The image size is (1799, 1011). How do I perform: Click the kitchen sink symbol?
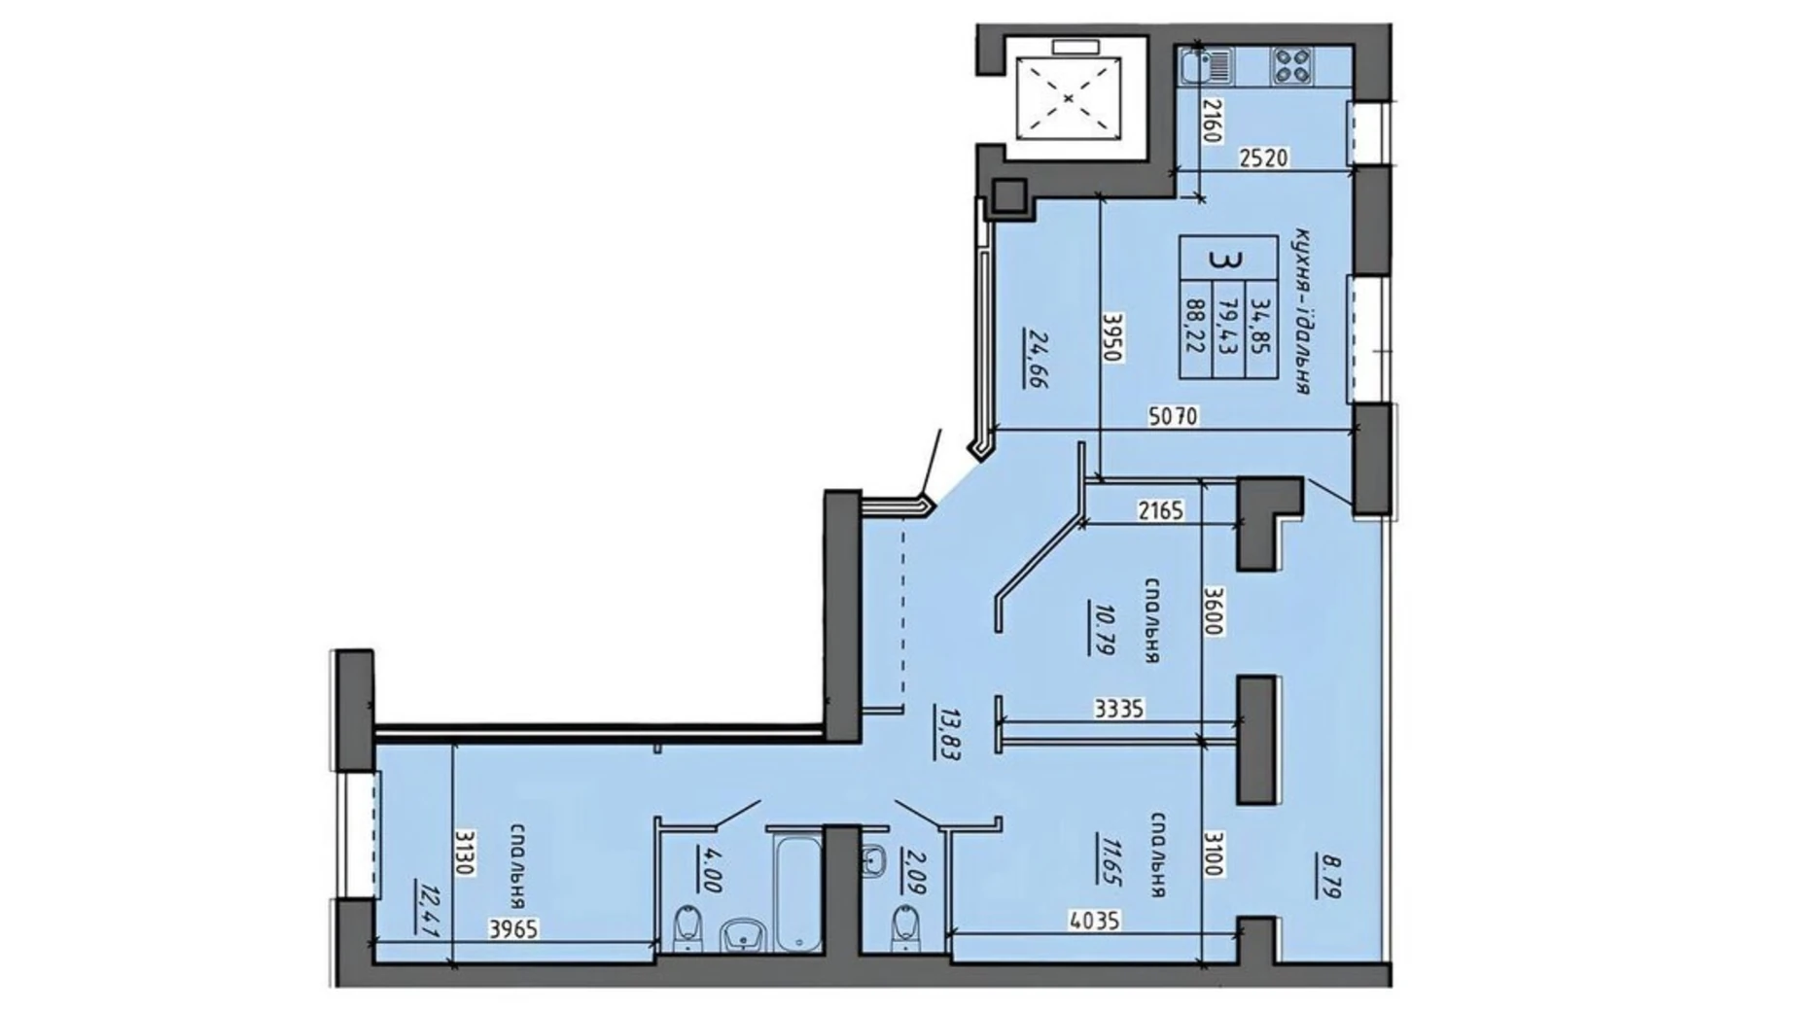[x=1207, y=66]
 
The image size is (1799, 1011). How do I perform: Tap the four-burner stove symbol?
[x=1291, y=66]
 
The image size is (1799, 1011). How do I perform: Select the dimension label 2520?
[x=1263, y=157]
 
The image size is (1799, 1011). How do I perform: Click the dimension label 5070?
[x=1173, y=417]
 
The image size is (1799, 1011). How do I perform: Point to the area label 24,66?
[x=1033, y=360]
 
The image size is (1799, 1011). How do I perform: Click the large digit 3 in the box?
[x=1228, y=260]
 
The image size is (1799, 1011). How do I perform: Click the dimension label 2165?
[x=1160, y=509]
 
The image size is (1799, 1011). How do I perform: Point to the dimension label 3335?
[x=1118, y=710]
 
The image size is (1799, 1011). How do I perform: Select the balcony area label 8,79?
[x=1329, y=875]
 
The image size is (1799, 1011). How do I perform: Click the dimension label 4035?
[x=1094, y=919]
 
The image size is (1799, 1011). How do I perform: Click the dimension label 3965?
[x=512, y=928]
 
